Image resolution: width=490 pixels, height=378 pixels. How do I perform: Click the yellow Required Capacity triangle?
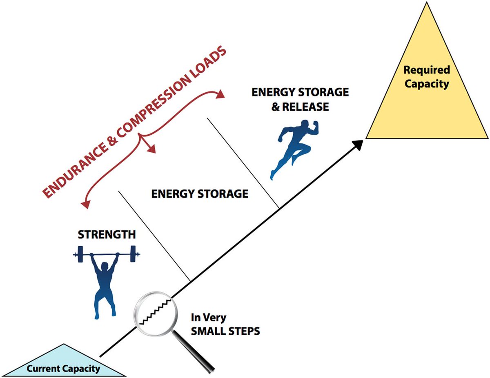(x=427, y=102)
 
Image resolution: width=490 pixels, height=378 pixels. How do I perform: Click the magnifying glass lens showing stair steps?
(x=156, y=312)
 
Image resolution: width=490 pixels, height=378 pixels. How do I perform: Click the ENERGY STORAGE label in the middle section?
(x=200, y=193)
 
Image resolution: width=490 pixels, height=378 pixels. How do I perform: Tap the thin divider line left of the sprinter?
(x=243, y=163)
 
